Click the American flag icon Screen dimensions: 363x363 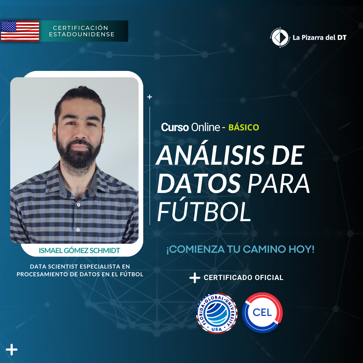20,31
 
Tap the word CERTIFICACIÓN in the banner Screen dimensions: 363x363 81,28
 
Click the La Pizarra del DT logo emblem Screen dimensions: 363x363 280,37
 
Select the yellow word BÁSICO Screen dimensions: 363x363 244,127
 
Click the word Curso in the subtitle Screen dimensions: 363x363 175,127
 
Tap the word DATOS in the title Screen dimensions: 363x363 199,184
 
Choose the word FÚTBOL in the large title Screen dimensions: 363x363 204,211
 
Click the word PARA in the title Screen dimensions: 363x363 279,184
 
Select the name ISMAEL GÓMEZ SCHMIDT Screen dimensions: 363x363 79,250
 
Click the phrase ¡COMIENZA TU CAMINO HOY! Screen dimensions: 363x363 240,249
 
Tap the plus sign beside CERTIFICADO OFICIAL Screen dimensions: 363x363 195,278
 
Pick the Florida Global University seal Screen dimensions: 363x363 217,313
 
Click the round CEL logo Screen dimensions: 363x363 262,313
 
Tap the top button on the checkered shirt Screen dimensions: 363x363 78,205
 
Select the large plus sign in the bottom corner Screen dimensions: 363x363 11,350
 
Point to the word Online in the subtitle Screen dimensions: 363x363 205,127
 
